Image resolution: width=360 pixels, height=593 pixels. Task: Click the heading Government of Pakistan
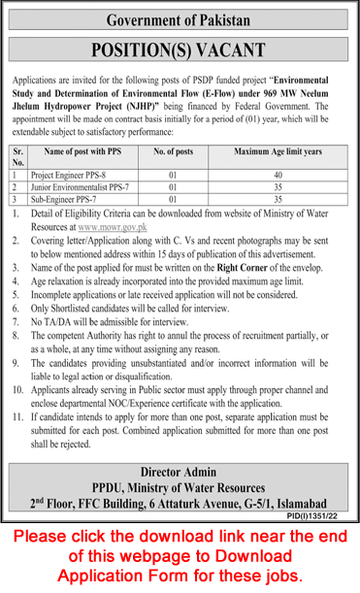coord(180,19)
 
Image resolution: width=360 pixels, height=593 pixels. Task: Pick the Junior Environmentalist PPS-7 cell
coord(86,184)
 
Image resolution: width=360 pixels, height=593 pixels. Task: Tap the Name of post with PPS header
coord(88,152)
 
